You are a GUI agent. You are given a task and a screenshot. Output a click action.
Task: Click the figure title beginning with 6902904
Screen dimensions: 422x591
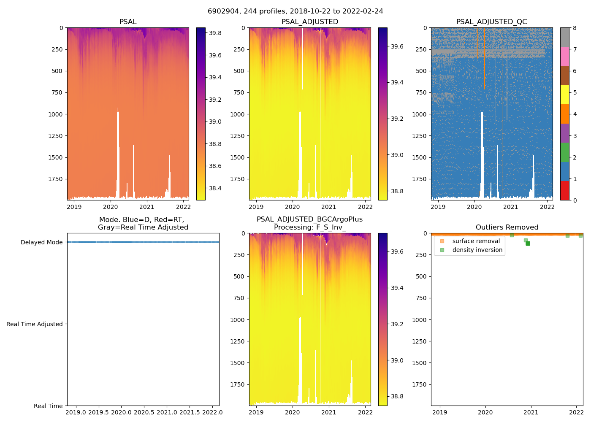tap(295, 11)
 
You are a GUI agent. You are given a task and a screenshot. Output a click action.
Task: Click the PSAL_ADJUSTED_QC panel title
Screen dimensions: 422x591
tap(491, 22)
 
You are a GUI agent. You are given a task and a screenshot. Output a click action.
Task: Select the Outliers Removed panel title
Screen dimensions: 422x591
tap(507, 227)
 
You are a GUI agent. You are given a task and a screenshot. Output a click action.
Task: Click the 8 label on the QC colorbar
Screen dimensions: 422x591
tap(575, 28)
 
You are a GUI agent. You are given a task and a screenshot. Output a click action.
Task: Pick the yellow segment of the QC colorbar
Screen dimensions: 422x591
tap(564, 95)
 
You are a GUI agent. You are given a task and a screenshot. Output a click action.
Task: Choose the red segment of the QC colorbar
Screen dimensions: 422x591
tap(564, 191)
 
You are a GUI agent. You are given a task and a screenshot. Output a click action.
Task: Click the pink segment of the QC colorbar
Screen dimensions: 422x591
tap(564, 57)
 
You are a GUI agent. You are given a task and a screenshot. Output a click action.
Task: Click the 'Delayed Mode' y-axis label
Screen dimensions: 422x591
tap(41, 242)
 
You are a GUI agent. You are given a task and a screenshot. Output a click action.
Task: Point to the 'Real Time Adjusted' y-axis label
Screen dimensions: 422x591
tap(35, 324)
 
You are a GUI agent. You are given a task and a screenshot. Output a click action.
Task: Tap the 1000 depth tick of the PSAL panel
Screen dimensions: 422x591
tap(55, 114)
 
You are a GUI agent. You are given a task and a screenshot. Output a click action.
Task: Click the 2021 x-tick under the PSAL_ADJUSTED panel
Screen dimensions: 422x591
tap(328, 207)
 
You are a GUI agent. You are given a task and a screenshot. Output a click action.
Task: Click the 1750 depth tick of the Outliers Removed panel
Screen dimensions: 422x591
tap(418, 384)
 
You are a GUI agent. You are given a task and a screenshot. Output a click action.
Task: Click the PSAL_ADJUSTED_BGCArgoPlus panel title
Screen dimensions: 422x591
tap(309, 223)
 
